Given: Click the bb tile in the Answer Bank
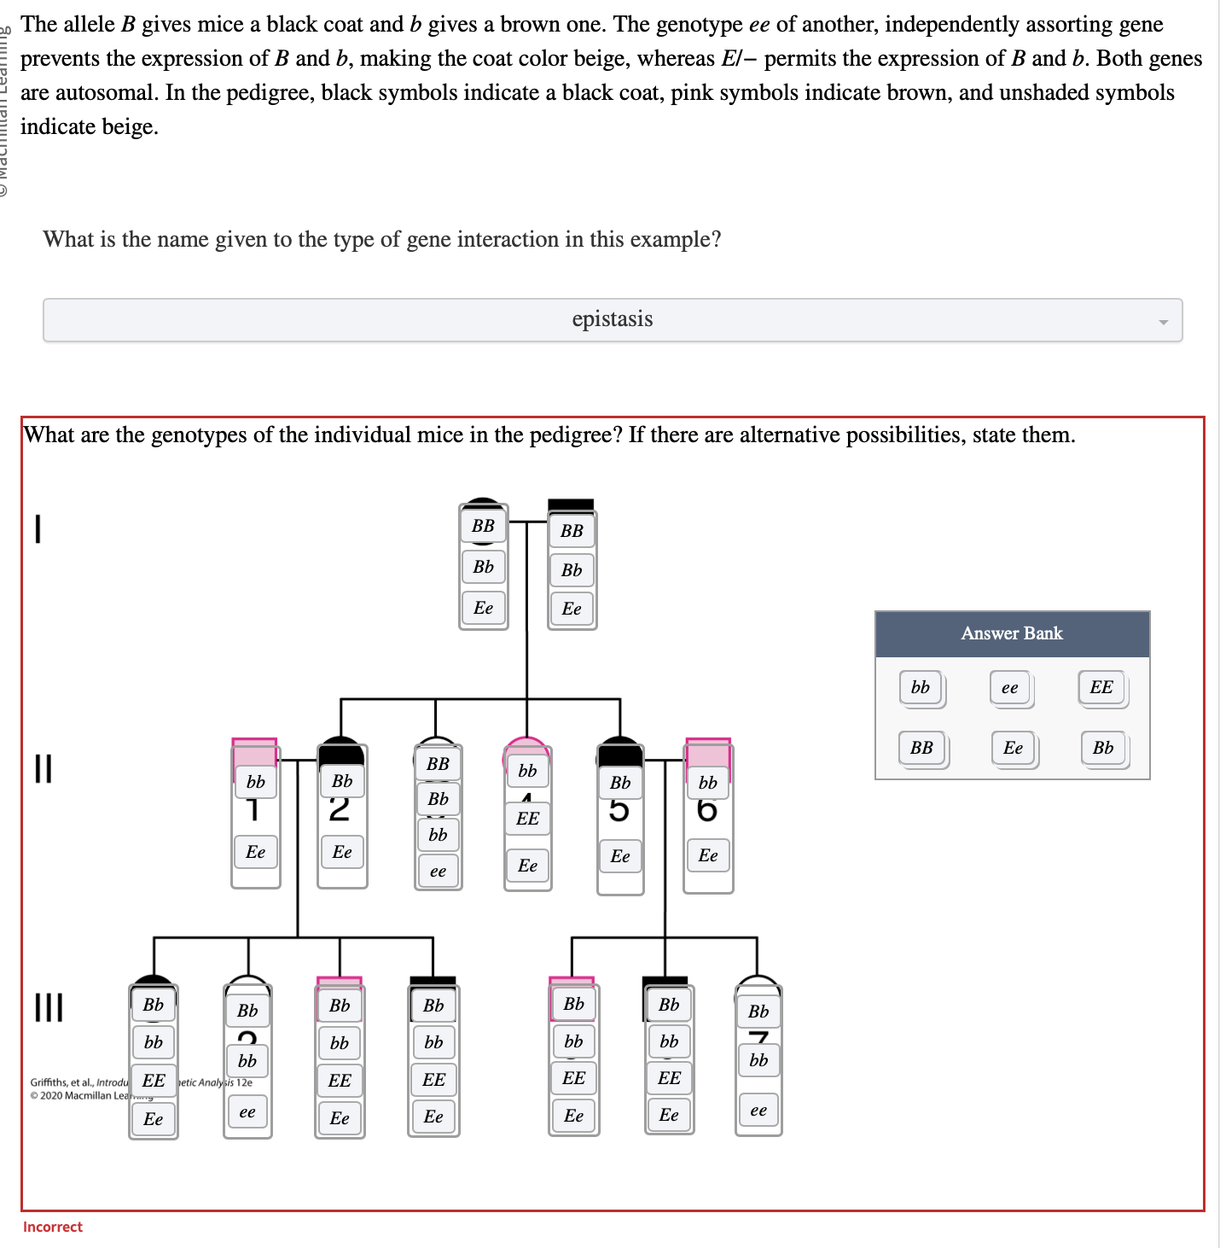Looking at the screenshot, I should [921, 688].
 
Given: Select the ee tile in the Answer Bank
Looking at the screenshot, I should [1010, 688].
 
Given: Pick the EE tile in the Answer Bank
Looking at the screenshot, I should [1101, 688].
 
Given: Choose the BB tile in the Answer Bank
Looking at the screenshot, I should [921, 749].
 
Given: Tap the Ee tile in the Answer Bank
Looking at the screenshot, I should [1013, 749].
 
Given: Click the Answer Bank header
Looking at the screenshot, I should [1012, 633].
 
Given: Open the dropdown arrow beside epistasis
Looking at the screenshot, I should [1163, 322].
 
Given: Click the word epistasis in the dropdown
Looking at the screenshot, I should [612, 319].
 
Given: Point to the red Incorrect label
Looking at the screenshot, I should [53, 1227].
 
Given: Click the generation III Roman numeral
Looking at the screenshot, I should [49, 1006].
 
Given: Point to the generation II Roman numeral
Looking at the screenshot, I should [43, 767].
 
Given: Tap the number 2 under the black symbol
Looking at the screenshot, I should [339, 809].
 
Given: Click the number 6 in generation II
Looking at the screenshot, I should [707, 810].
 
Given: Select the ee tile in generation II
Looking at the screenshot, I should [438, 872].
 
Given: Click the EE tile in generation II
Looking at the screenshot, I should [528, 819].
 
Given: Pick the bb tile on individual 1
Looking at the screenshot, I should [256, 782].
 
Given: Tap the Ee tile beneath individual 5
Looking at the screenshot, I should [620, 856].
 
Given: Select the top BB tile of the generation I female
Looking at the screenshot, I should [483, 526].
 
